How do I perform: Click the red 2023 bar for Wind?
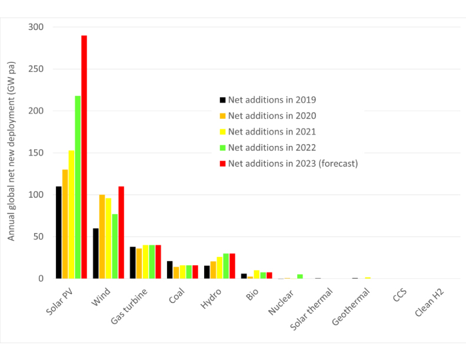click(x=121, y=232)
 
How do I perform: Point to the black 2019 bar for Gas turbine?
click(x=132, y=262)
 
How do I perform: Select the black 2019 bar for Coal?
click(x=169, y=269)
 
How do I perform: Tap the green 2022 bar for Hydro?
click(x=226, y=266)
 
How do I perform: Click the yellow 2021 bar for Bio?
click(x=257, y=274)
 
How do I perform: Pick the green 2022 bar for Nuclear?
click(x=300, y=276)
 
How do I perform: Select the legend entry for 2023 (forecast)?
click(x=292, y=163)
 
